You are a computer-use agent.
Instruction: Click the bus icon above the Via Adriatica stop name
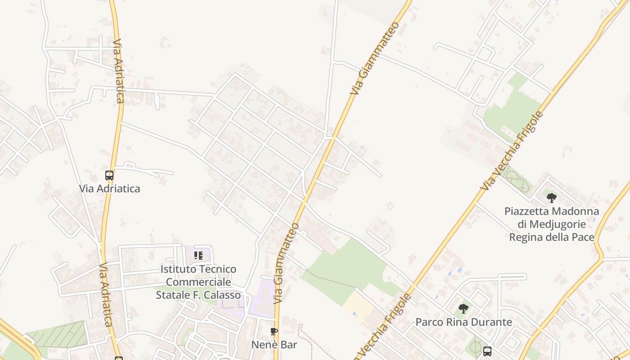[109, 175]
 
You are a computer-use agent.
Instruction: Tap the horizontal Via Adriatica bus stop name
[109, 189]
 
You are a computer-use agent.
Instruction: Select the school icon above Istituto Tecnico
[198, 256]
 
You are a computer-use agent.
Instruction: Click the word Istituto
[178, 270]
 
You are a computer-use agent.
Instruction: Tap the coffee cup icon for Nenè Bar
[274, 332]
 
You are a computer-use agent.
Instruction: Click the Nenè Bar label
[274, 345]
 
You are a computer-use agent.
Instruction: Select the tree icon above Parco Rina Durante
[463, 309]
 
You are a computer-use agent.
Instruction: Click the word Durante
[491, 322]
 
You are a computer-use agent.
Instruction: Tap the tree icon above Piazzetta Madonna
[552, 198]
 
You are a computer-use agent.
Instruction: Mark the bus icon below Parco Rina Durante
[487, 351]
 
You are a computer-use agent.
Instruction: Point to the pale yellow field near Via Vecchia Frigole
[359, 306]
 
